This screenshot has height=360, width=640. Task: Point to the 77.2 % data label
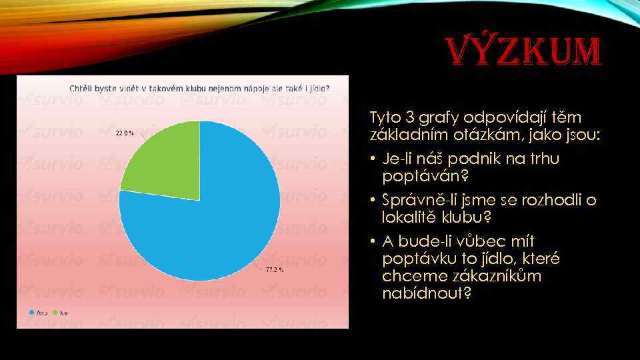click(275, 270)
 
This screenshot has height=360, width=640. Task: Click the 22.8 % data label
click(125, 133)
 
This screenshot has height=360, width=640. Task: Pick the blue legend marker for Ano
click(31, 312)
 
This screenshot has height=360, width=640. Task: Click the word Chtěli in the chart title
click(81, 87)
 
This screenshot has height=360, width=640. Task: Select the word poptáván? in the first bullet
click(416, 177)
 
